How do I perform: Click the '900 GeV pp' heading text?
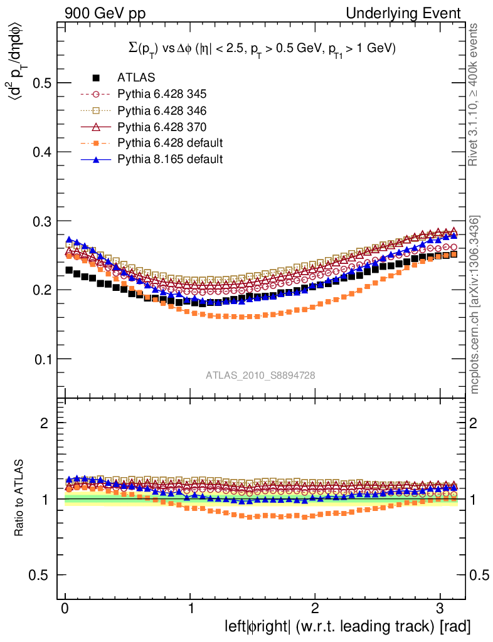pos(99,13)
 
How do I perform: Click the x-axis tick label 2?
pos(315,610)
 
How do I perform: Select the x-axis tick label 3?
pos(440,610)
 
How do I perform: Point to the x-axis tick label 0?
pos(65,610)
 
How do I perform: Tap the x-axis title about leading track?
pos(347,626)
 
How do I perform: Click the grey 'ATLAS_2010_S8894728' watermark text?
pos(260,376)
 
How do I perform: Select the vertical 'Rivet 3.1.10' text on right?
pos(475,95)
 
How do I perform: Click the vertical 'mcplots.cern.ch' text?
pos(475,305)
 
